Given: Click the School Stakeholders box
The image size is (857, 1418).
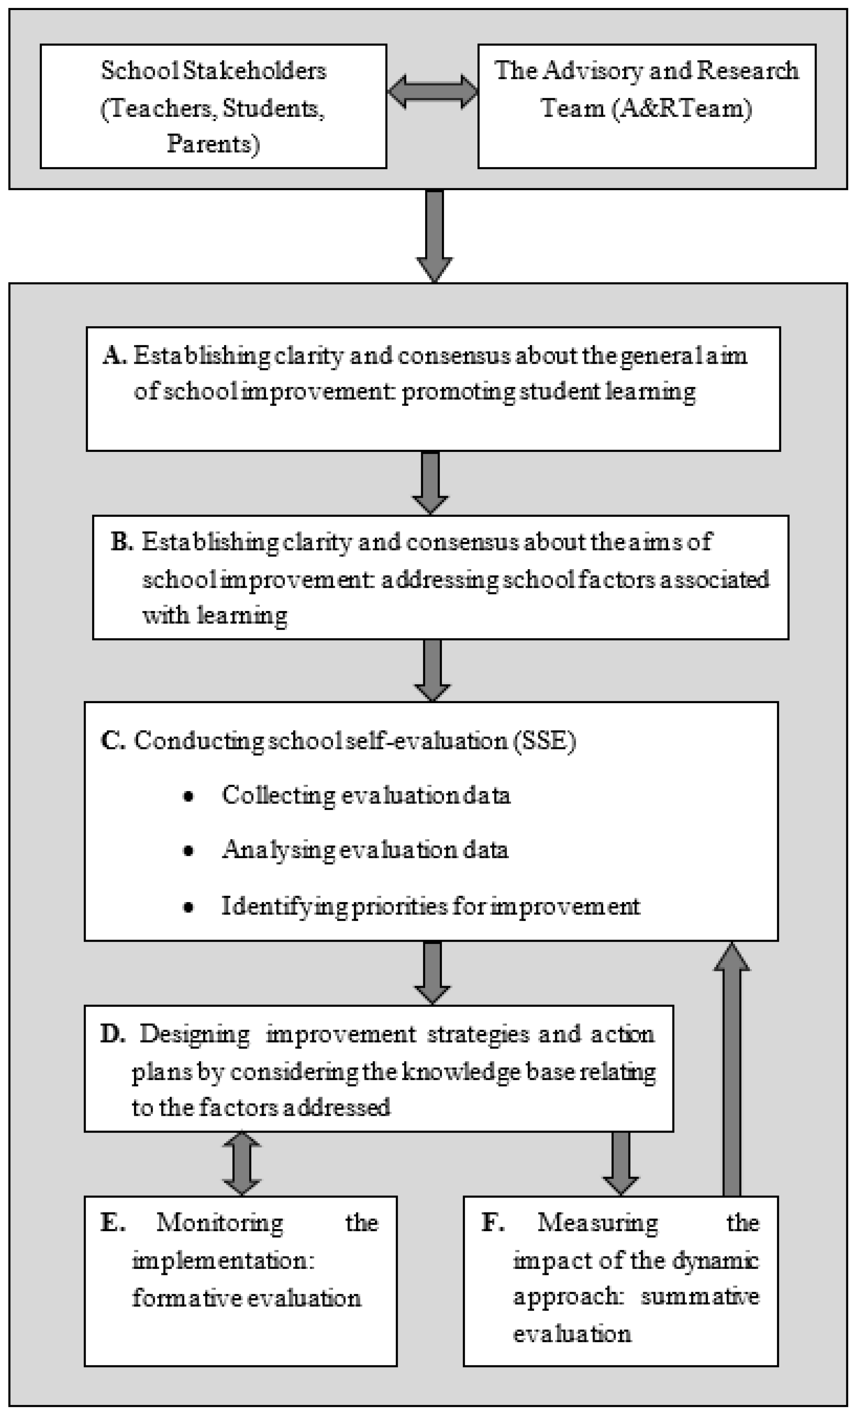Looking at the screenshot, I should click(x=213, y=107).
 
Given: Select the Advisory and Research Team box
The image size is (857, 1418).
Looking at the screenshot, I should click(x=646, y=107).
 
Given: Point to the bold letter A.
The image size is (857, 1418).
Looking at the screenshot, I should click(x=115, y=356).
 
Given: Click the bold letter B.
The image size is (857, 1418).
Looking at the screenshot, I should click(x=121, y=542).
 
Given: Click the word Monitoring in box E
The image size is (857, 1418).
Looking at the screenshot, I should click(x=219, y=1223).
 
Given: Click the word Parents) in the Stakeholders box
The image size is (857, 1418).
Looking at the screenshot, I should click(x=213, y=144).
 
